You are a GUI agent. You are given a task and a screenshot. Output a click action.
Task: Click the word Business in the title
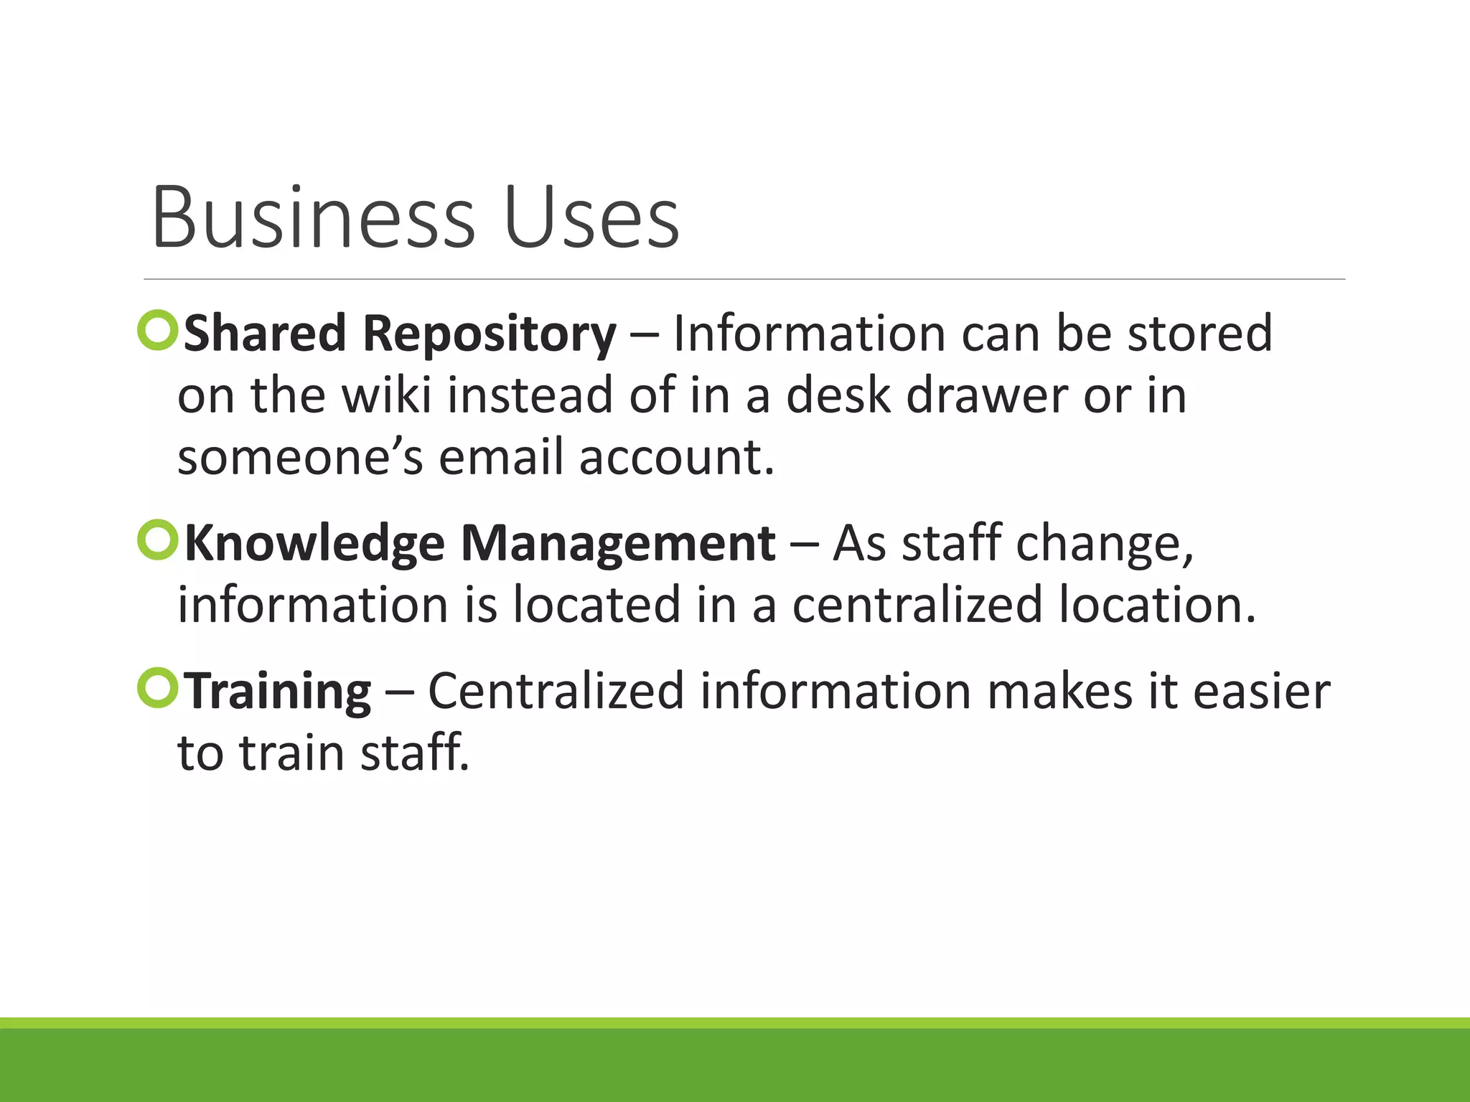click(x=313, y=217)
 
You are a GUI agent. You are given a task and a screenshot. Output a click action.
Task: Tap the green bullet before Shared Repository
click(x=157, y=331)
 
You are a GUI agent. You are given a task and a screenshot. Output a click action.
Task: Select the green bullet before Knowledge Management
click(x=157, y=540)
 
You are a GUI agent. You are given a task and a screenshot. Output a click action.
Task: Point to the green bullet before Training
click(x=157, y=688)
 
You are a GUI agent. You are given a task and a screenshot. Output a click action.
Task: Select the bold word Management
click(x=617, y=544)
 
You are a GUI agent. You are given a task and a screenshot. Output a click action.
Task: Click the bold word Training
click(x=278, y=692)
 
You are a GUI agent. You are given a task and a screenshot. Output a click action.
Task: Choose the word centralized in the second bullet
click(x=917, y=605)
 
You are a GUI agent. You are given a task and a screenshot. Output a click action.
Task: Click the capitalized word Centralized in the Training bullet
click(x=556, y=691)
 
